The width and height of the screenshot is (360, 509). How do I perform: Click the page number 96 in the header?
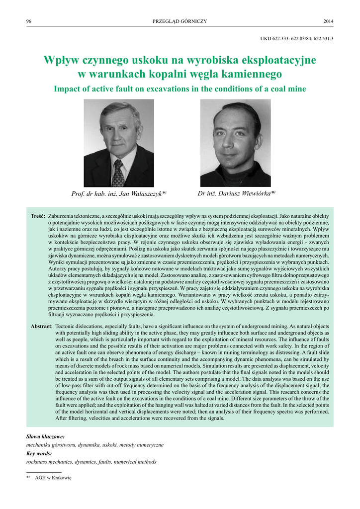[x=28, y=21]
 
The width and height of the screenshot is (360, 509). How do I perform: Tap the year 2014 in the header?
[x=328, y=21]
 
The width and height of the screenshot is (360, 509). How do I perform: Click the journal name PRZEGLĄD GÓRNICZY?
[x=180, y=21]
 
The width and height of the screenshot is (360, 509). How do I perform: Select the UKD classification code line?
[x=297, y=38]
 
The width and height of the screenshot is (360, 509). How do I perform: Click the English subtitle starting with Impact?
[x=180, y=89]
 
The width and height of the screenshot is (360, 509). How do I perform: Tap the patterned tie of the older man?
[x=118, y=174]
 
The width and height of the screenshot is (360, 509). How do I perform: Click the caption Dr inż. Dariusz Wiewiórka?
[x=236, y=193]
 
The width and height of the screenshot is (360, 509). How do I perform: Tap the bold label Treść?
[x=38, y=217]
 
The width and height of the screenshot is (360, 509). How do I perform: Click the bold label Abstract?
[x=41, y=326]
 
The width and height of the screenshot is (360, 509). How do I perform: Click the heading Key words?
[x=39, y=453]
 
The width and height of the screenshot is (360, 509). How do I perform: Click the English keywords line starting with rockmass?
[x=91, y=462]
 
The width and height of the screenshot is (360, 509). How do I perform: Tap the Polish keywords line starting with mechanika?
[x=94, y=444]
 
